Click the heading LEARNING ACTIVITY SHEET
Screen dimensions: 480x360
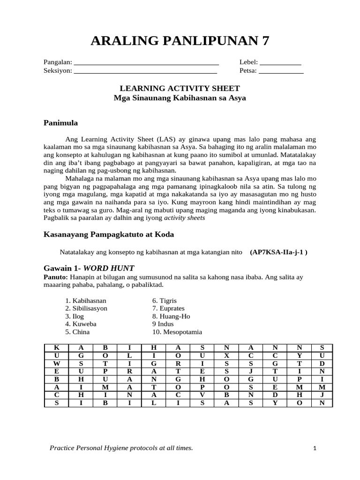click(180, 88)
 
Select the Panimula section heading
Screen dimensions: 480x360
click(60, 123)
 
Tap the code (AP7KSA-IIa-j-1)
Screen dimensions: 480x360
click(279, 252)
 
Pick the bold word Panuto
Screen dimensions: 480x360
click(55, 277)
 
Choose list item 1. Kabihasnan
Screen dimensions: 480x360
click(86, 300)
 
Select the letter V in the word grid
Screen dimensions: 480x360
click(202, 395)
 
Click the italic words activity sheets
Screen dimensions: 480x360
click(184, 218)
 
